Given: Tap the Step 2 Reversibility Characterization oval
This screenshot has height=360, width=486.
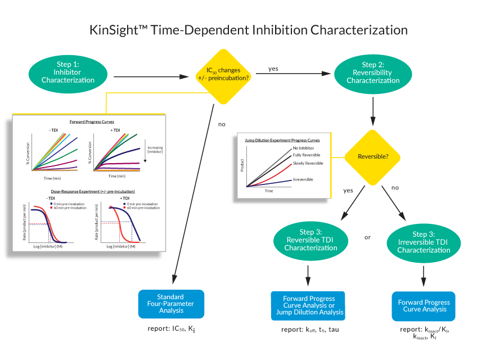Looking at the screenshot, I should click(373, 73).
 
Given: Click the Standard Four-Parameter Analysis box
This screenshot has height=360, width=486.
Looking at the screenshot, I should click(171, 304).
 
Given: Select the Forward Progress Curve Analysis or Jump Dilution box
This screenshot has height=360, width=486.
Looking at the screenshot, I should click(308, 305).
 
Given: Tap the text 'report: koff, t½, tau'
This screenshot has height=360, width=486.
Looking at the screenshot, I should click(310, 329).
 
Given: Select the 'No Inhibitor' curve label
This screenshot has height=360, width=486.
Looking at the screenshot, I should click(304, 148).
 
